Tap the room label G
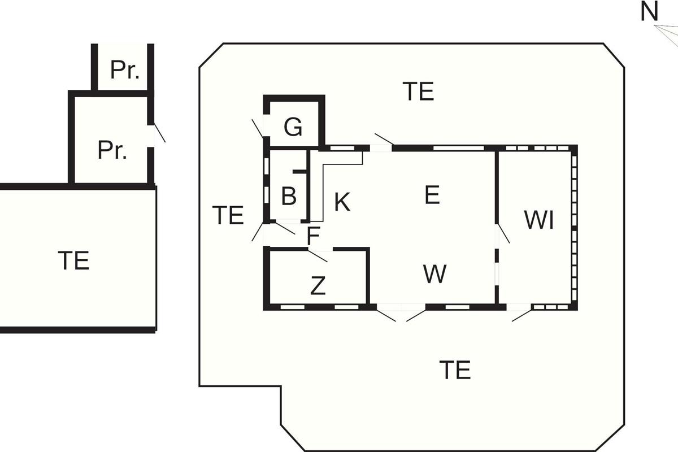(293, 128)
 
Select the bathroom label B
(288, 197)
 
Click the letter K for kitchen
(341, 202)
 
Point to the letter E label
(432, 195)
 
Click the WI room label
(538, 220)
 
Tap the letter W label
(434, 274)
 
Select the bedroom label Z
(318, 286)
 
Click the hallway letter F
(314, 236)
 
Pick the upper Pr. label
(125, 69)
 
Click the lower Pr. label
(112, 151)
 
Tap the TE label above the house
(419, 92)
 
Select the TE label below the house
(455, 370)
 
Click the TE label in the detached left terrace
(73, 261)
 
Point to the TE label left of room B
(228, 215)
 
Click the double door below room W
(401, 312)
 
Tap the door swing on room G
(258, 128)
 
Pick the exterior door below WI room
(520, 312)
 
